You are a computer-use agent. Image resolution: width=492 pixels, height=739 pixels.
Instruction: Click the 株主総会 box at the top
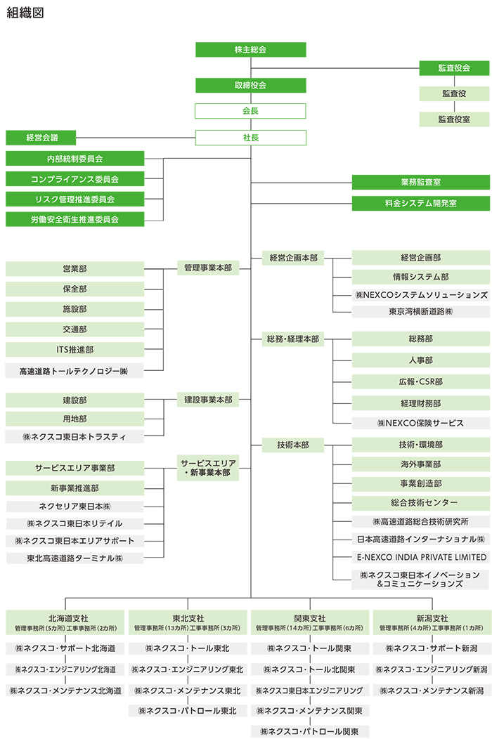click(x=250, y=50)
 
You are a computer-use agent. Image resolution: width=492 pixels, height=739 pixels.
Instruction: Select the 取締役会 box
click(x=250, y=86)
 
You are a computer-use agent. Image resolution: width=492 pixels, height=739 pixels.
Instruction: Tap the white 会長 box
click(x=250, y=111)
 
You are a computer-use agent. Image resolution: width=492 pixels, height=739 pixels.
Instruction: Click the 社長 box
click(x=250, y=137)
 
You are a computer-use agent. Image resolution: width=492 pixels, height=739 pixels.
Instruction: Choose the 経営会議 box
click(x=41, y=138)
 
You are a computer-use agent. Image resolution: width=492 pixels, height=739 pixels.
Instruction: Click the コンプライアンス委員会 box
click(x=75, y=179)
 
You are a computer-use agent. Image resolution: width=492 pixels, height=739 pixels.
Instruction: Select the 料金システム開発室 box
click(x=420, y=203)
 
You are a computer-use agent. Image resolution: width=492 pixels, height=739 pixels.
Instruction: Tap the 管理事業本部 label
click(x=207, y=268)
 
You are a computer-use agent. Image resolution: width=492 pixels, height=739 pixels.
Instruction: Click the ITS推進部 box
click(x=75, y=349)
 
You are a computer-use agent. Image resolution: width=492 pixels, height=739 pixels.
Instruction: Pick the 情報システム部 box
click(x=420, y=277)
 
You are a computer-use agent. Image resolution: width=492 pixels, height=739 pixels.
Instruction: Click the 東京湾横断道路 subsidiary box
click(x=420, y=310)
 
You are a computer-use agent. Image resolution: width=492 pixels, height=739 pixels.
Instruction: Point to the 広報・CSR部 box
click(x=420, y=382)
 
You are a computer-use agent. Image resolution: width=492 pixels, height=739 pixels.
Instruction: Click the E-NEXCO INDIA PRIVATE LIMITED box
click(x=420, y=557)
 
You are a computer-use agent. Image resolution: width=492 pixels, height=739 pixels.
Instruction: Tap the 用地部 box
click(x=75, y=419)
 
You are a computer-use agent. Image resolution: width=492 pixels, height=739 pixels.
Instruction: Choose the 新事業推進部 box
click(x=75, y=488)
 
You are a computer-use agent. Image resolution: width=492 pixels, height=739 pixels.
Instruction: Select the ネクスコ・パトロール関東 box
click(x=310, y=731)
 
